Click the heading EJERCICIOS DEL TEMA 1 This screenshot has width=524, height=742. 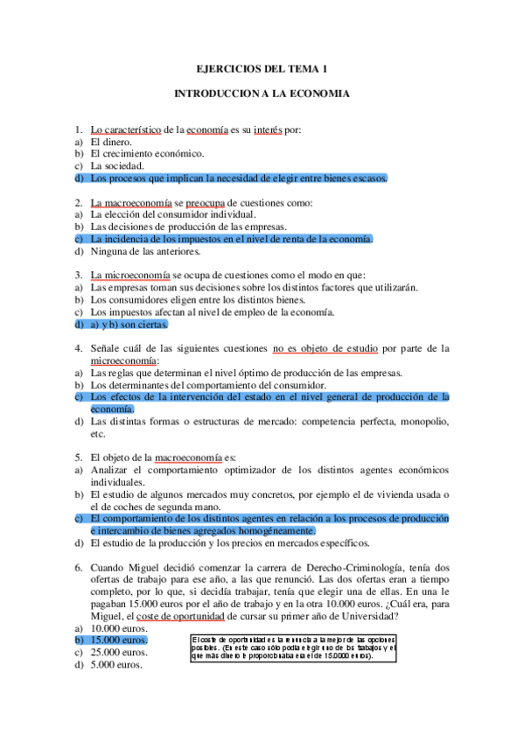click(x=262, y=69)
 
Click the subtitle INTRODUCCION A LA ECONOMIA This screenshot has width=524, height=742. click(x=262, y=92)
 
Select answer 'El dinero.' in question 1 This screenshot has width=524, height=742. click(x=111, y=142)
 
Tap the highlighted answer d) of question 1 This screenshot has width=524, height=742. click(x=237, y=178)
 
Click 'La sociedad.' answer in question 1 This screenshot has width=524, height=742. click(x=117, y=165)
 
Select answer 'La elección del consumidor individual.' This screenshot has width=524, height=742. click(x=173, y=214)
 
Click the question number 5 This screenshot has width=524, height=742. click(x=78, y=457)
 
